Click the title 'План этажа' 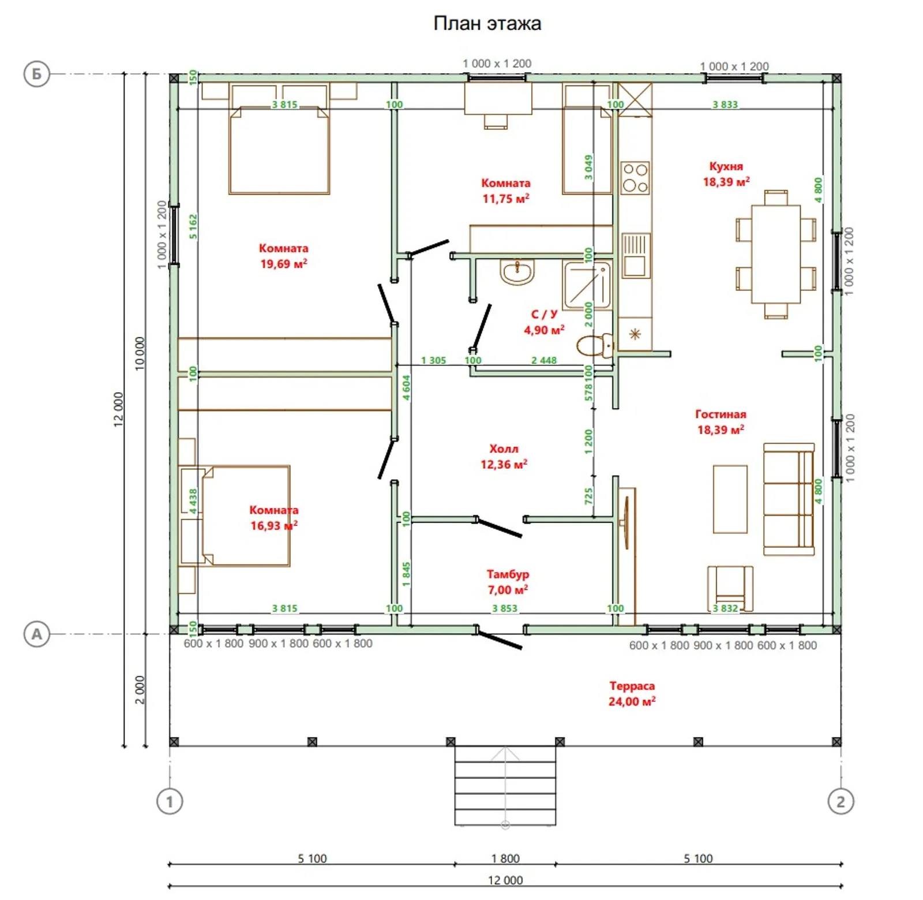[x=487, y=23]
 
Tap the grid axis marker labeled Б [x=36, y=74]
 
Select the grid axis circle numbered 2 [x=841, y=801]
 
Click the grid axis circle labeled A [x=36, y=634]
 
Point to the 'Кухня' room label [x=726, y=166]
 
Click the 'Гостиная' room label [x=721, y=414]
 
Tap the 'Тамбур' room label [x=508, y=574]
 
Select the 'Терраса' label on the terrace [x=632, y=686]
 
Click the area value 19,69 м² [x=283, y=264]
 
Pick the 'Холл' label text [x=504, y=449]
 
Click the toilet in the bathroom [x=595, y=345]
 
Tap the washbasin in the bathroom [x=517, y=271]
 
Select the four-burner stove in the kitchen [x=635, y=177]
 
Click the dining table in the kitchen [x=776, y=254]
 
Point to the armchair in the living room [x=730, y=588]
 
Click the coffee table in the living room [x=730, y=499]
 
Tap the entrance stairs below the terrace [x=505, y=786]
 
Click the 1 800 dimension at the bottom [x=505, y=858]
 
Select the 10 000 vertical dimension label [x=140, y=353]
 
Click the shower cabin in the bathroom [x=587, y=285]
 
